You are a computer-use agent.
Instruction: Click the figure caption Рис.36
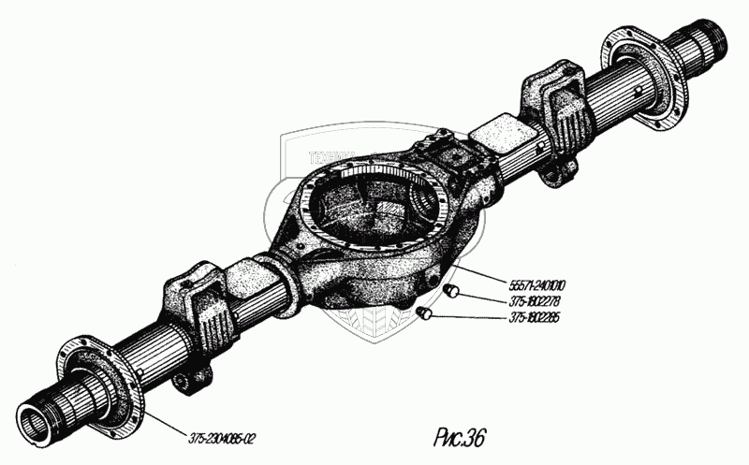click(460, 437)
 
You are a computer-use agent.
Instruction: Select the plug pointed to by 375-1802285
click(422, 312)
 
